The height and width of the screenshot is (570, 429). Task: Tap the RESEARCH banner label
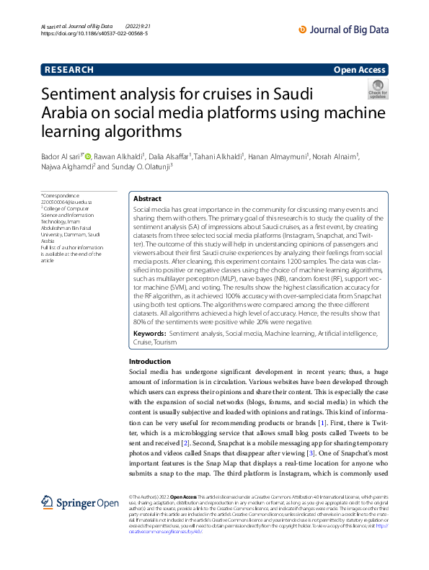68,70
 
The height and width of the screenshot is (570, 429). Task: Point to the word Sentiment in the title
121,96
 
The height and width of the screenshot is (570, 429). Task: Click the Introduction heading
149,361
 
